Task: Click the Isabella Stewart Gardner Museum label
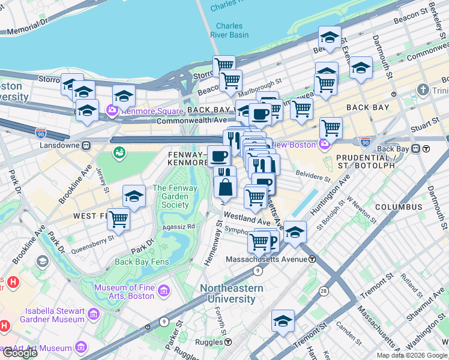coord(46,315)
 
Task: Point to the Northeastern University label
coord(231,293)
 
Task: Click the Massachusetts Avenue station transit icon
coord(312,259)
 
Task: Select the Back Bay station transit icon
coord(426,149)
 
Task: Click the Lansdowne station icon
coord(86,145)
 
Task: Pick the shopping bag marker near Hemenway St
coord(226,188)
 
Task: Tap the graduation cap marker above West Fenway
coord(134,196)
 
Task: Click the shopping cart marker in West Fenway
coord(118,219)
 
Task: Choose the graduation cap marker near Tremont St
coord(283,320)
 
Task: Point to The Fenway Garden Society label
coord(170,196)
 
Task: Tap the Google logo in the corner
coord(19,352)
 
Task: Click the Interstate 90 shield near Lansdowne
coord(41,133)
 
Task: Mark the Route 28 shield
coord(324,291)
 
